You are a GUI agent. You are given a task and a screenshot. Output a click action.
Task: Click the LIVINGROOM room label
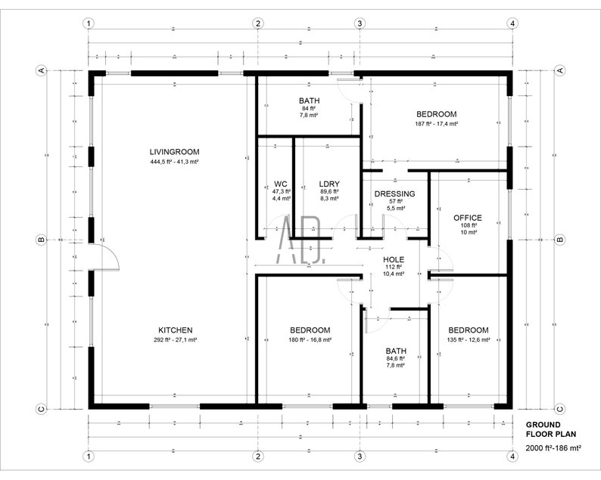pos(174,152)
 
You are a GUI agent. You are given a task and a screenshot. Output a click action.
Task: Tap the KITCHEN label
pos(175,330)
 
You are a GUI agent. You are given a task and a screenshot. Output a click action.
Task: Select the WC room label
pos(280,184)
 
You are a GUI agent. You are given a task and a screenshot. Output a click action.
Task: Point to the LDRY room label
pos(329,184)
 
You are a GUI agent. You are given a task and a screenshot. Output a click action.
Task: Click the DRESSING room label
pos(395,194)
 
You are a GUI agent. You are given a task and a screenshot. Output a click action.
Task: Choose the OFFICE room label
pos(467,218)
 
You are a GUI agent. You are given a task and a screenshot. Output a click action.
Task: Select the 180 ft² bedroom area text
pos(310,340)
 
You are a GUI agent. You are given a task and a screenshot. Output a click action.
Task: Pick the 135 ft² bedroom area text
pos(468,340)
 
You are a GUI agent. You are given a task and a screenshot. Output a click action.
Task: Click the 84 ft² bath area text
pos(309,108)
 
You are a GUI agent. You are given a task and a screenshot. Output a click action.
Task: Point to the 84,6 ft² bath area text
pos(395,359)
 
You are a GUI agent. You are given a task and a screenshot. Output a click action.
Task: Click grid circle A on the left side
pos(42,70)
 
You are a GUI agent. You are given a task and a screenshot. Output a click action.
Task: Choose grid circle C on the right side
pos(560,409)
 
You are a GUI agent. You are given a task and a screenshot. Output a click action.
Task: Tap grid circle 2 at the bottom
pos(258,457)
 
